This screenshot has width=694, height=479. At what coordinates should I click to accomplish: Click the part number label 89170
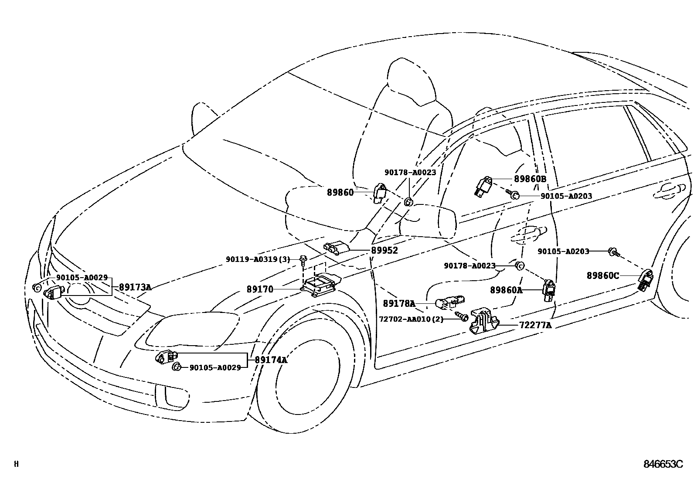[x=260, y=289]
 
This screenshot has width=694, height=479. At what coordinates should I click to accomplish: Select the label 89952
[x=384, y=251]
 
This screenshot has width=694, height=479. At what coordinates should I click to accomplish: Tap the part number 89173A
[x=135, y=287]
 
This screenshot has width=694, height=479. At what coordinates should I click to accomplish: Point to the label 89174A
[x=271, y=360]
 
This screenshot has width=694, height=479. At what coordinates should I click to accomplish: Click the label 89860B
[x=530, y=179]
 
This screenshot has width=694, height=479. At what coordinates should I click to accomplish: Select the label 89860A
[x=506, y=290]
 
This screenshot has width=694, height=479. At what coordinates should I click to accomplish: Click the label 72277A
[x=535, y=325]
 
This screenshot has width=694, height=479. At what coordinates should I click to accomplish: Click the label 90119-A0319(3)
[x=258, y=259]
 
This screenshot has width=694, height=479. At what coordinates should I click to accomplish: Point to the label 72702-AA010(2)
[x=411, y=319]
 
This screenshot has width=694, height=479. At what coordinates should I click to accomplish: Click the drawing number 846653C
[x=663, y=464]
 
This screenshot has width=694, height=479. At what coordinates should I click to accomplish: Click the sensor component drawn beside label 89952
[x=337, y=248]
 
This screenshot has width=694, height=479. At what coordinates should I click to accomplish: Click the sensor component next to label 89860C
[x=646, y=279]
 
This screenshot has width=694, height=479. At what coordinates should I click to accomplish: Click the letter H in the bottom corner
[x=16, y=464]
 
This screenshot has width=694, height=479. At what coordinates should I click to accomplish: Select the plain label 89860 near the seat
[x=340, y=192]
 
